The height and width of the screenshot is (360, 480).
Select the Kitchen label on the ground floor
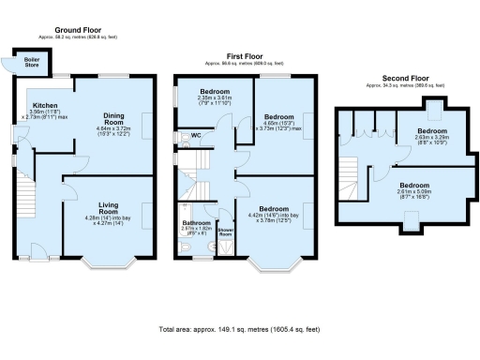click(x=45, y=105)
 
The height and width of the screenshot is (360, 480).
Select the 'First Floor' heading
click(x=241, y=57)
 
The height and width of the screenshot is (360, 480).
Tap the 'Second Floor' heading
click(x=401, y=78)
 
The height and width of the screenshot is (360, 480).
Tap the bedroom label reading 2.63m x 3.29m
click(x=432, y=131)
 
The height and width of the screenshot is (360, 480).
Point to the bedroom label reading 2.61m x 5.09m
click(x=417, y=187)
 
